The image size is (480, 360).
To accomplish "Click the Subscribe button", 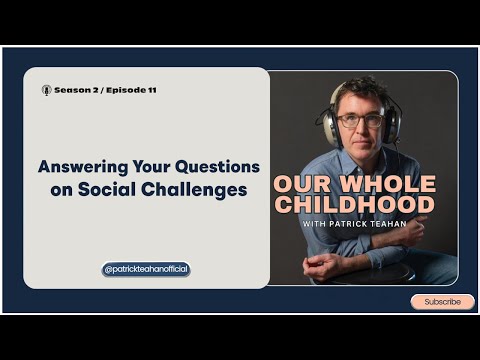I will click(442, 301).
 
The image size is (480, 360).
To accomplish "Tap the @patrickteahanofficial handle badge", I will click(146, 269).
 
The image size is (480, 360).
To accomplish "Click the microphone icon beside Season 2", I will click(46, 90).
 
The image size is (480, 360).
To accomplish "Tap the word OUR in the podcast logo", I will click(299, 184).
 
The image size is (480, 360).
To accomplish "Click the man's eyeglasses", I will click(360, 120).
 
